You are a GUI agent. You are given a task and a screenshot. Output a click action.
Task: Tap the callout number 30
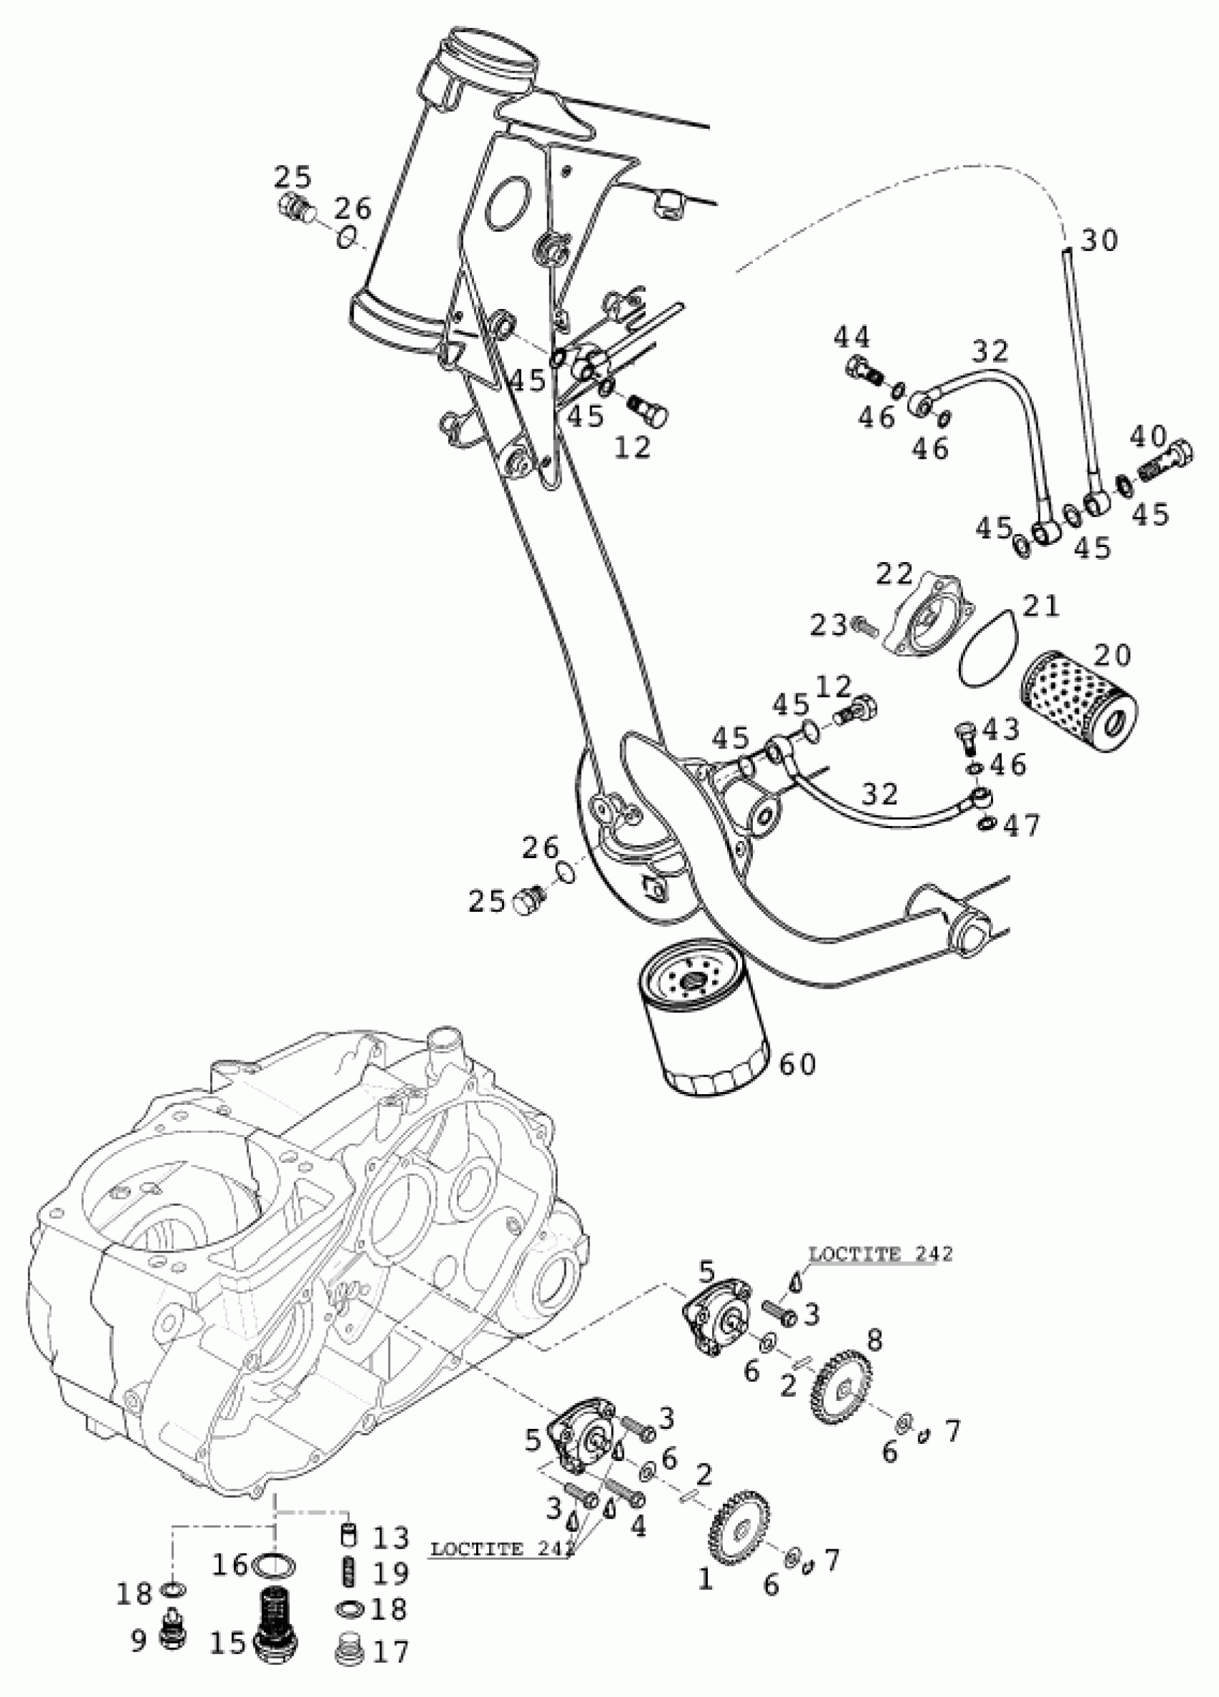[x=1099, y=240]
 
